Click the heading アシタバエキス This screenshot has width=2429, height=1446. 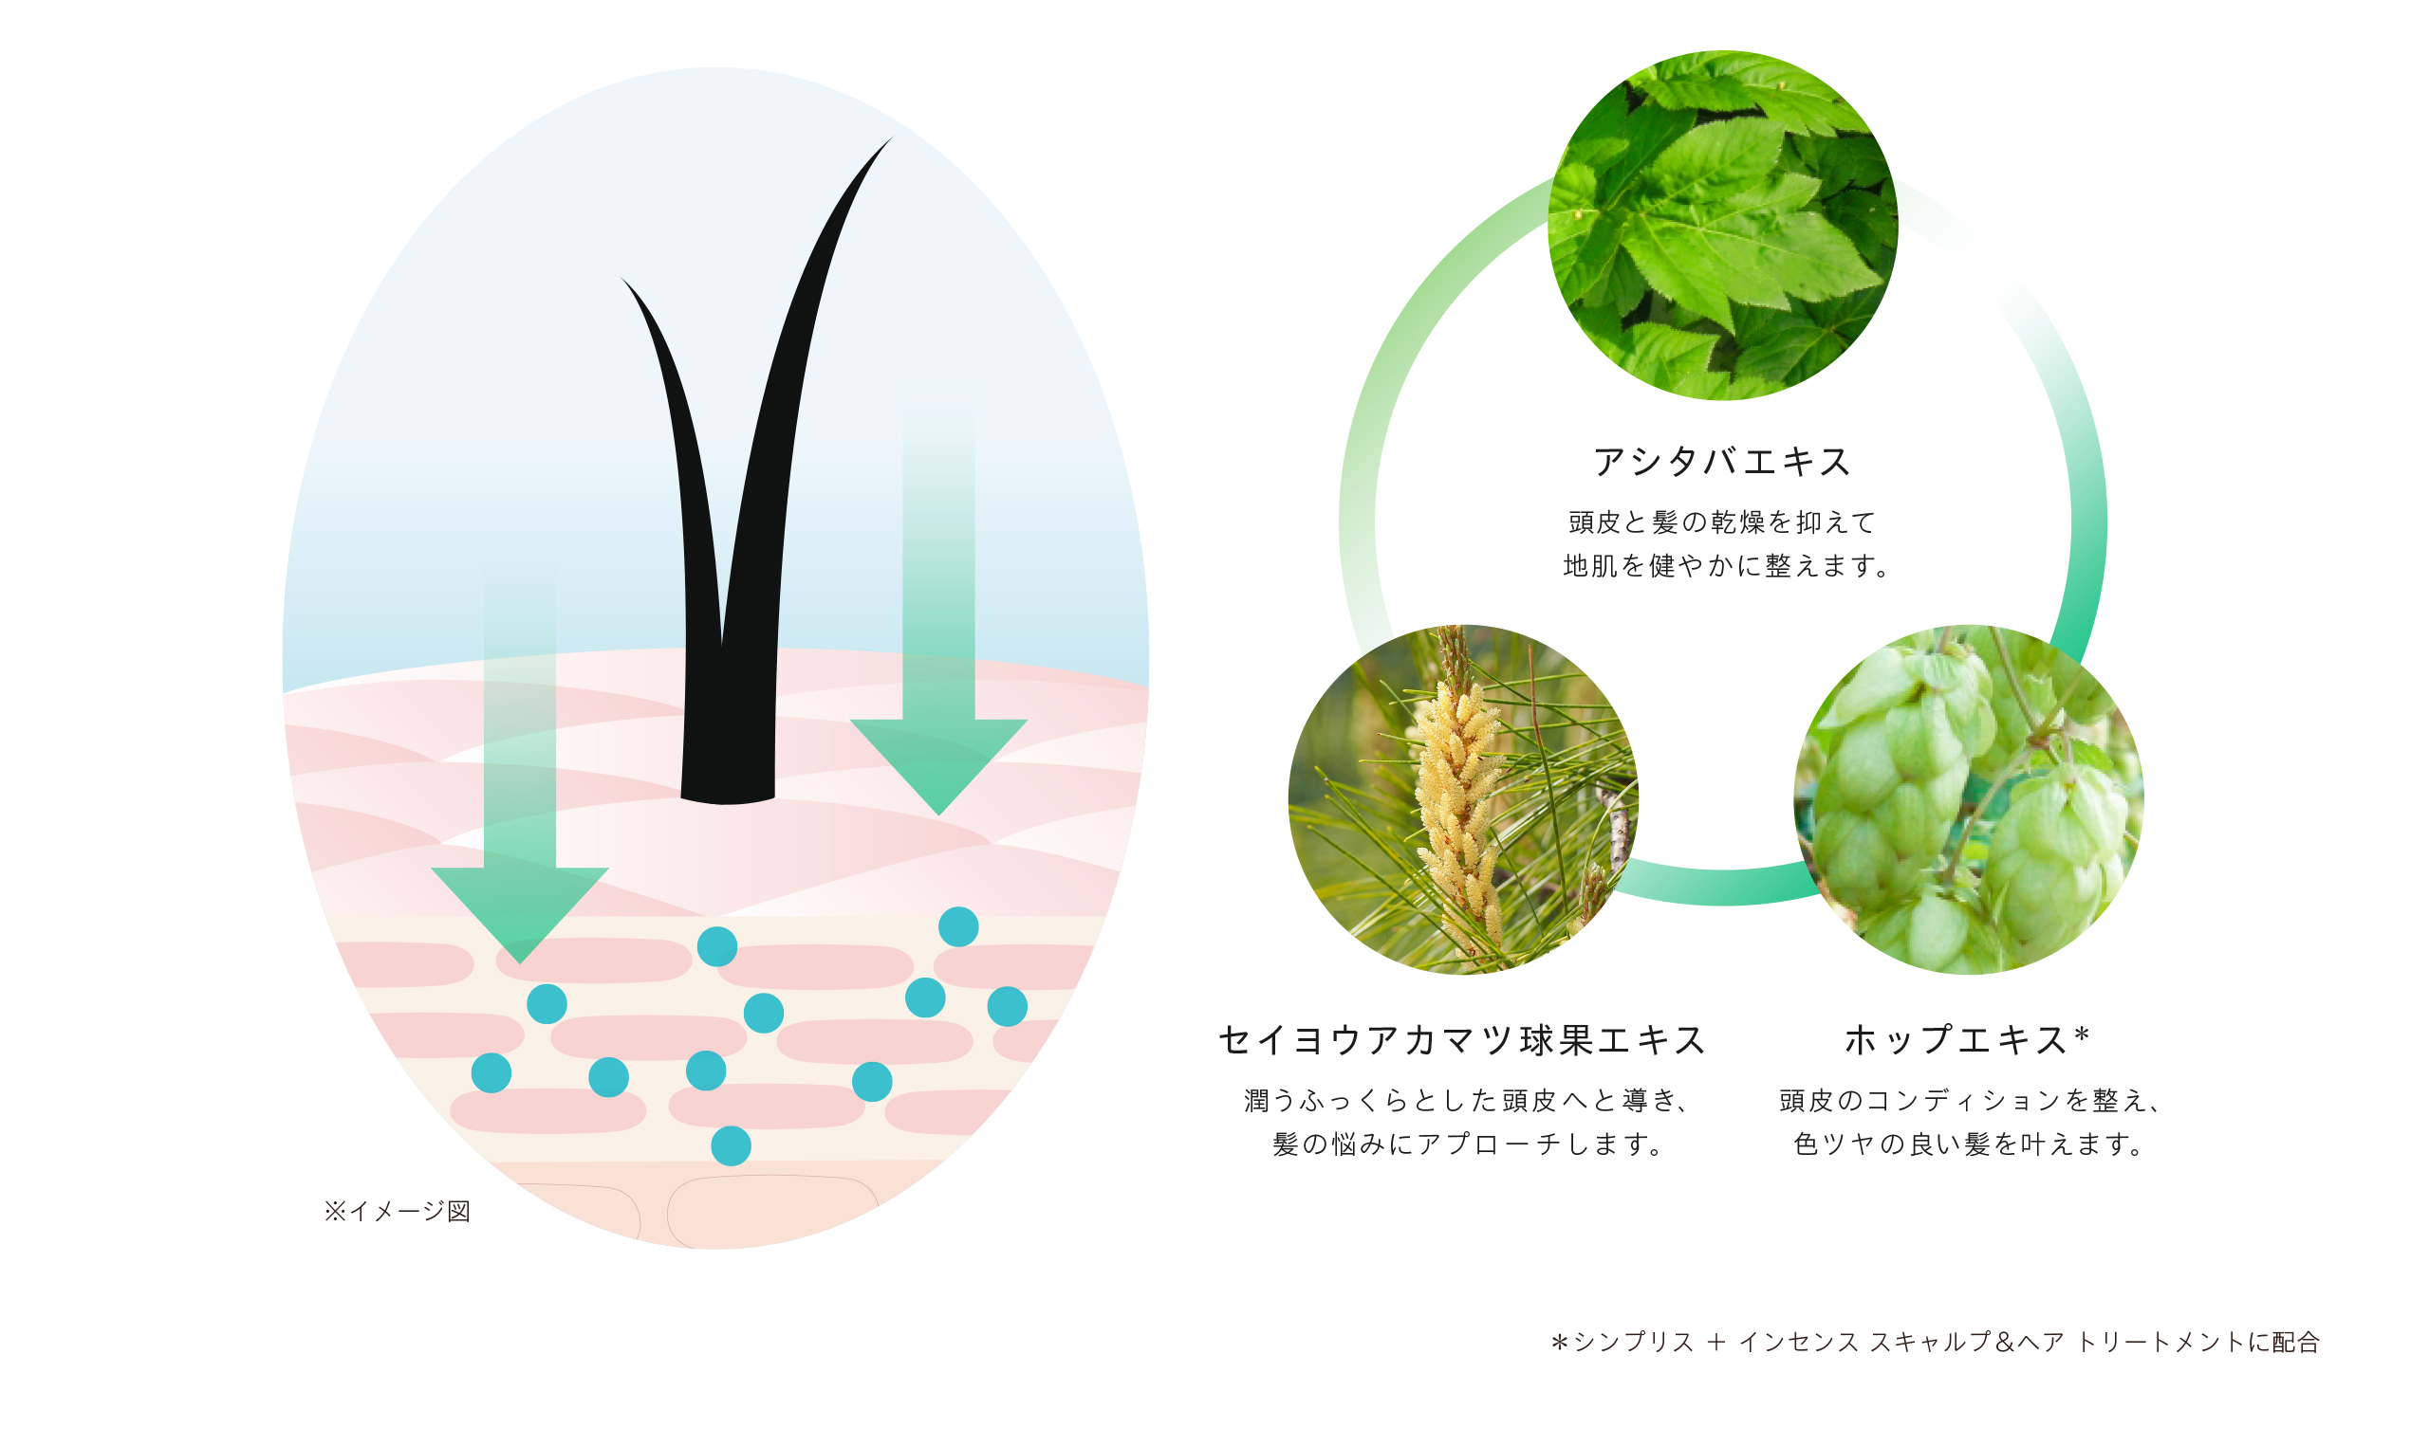[1722, 461]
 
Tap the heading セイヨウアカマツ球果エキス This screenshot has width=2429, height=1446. [1462, 1039]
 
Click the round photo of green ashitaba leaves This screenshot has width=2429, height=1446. [1722, 225]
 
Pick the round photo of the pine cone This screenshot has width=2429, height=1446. [1463, 799]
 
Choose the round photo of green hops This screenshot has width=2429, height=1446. [1969, 799]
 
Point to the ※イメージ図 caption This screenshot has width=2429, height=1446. [398, 1211]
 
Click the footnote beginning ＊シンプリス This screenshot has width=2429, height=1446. [1935, 1342]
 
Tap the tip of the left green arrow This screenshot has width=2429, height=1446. [520, 962]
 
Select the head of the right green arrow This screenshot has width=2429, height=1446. [938, 766]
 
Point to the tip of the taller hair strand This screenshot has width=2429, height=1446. [893, 137]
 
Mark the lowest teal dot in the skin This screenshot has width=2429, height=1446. [731, 1145]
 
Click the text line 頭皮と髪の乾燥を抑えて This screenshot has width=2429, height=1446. [1722, 522]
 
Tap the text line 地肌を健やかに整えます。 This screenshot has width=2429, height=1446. [1726, 565]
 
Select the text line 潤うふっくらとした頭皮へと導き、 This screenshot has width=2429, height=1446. [1468, 1100]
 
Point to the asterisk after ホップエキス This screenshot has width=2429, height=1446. [2082, 1034]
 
